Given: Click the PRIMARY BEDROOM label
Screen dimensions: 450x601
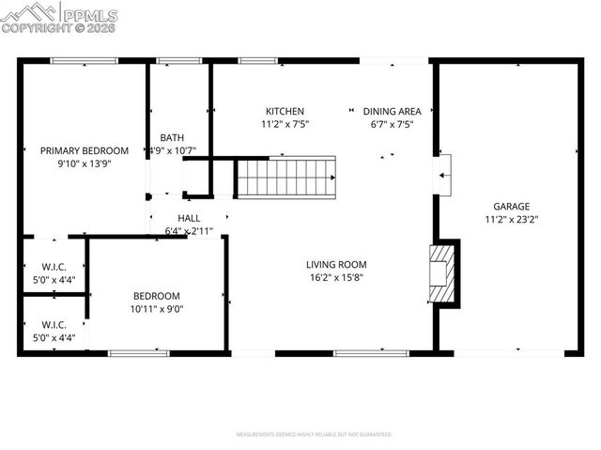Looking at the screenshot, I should point(84,150).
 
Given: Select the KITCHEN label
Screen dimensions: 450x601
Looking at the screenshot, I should point(284,111).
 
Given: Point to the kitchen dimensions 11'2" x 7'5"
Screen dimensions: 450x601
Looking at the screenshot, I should point(284,124).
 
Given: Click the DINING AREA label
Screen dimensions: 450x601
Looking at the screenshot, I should point(386,111).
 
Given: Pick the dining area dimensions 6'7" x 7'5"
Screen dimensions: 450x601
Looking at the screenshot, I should point(386,124).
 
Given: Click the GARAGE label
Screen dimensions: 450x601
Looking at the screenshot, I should point(512,207).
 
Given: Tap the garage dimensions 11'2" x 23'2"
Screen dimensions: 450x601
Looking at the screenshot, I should point(512,220).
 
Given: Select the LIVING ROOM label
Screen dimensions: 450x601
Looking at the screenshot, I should point(335,265).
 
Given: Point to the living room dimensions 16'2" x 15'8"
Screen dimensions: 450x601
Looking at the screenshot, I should point(335,278).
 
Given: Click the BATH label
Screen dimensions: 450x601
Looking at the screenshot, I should point(172,137).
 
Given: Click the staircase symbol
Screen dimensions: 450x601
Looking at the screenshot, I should point(285,176).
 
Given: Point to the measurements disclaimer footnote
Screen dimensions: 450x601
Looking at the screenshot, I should point(314,434).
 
